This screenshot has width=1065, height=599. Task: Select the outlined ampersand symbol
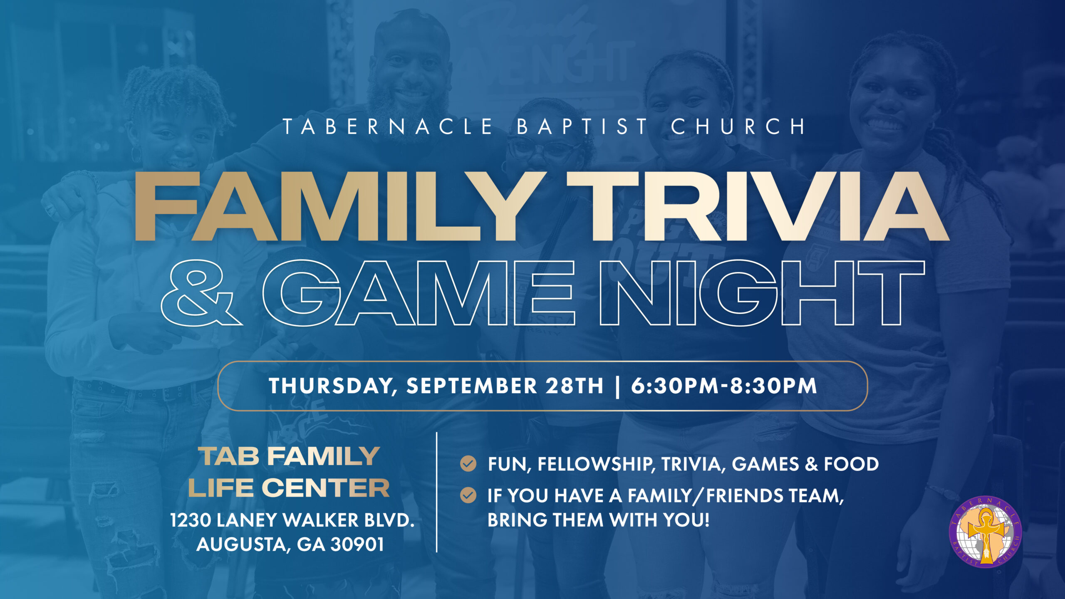point(202,292)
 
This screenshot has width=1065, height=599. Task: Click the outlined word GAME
point(419,292)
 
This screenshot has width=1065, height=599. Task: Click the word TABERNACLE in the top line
point(388,126)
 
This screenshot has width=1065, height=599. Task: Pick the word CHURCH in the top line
point(738,126)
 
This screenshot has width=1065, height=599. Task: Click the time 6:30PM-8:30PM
point(724,386)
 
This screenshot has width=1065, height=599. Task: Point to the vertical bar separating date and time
point(617,386)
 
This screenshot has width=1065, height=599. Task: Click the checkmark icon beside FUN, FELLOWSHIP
point(468,463)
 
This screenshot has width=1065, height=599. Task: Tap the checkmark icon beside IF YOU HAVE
point(468,495)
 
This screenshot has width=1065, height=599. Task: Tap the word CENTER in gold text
point(326,488)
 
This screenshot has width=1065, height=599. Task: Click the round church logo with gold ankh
point(985,532)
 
